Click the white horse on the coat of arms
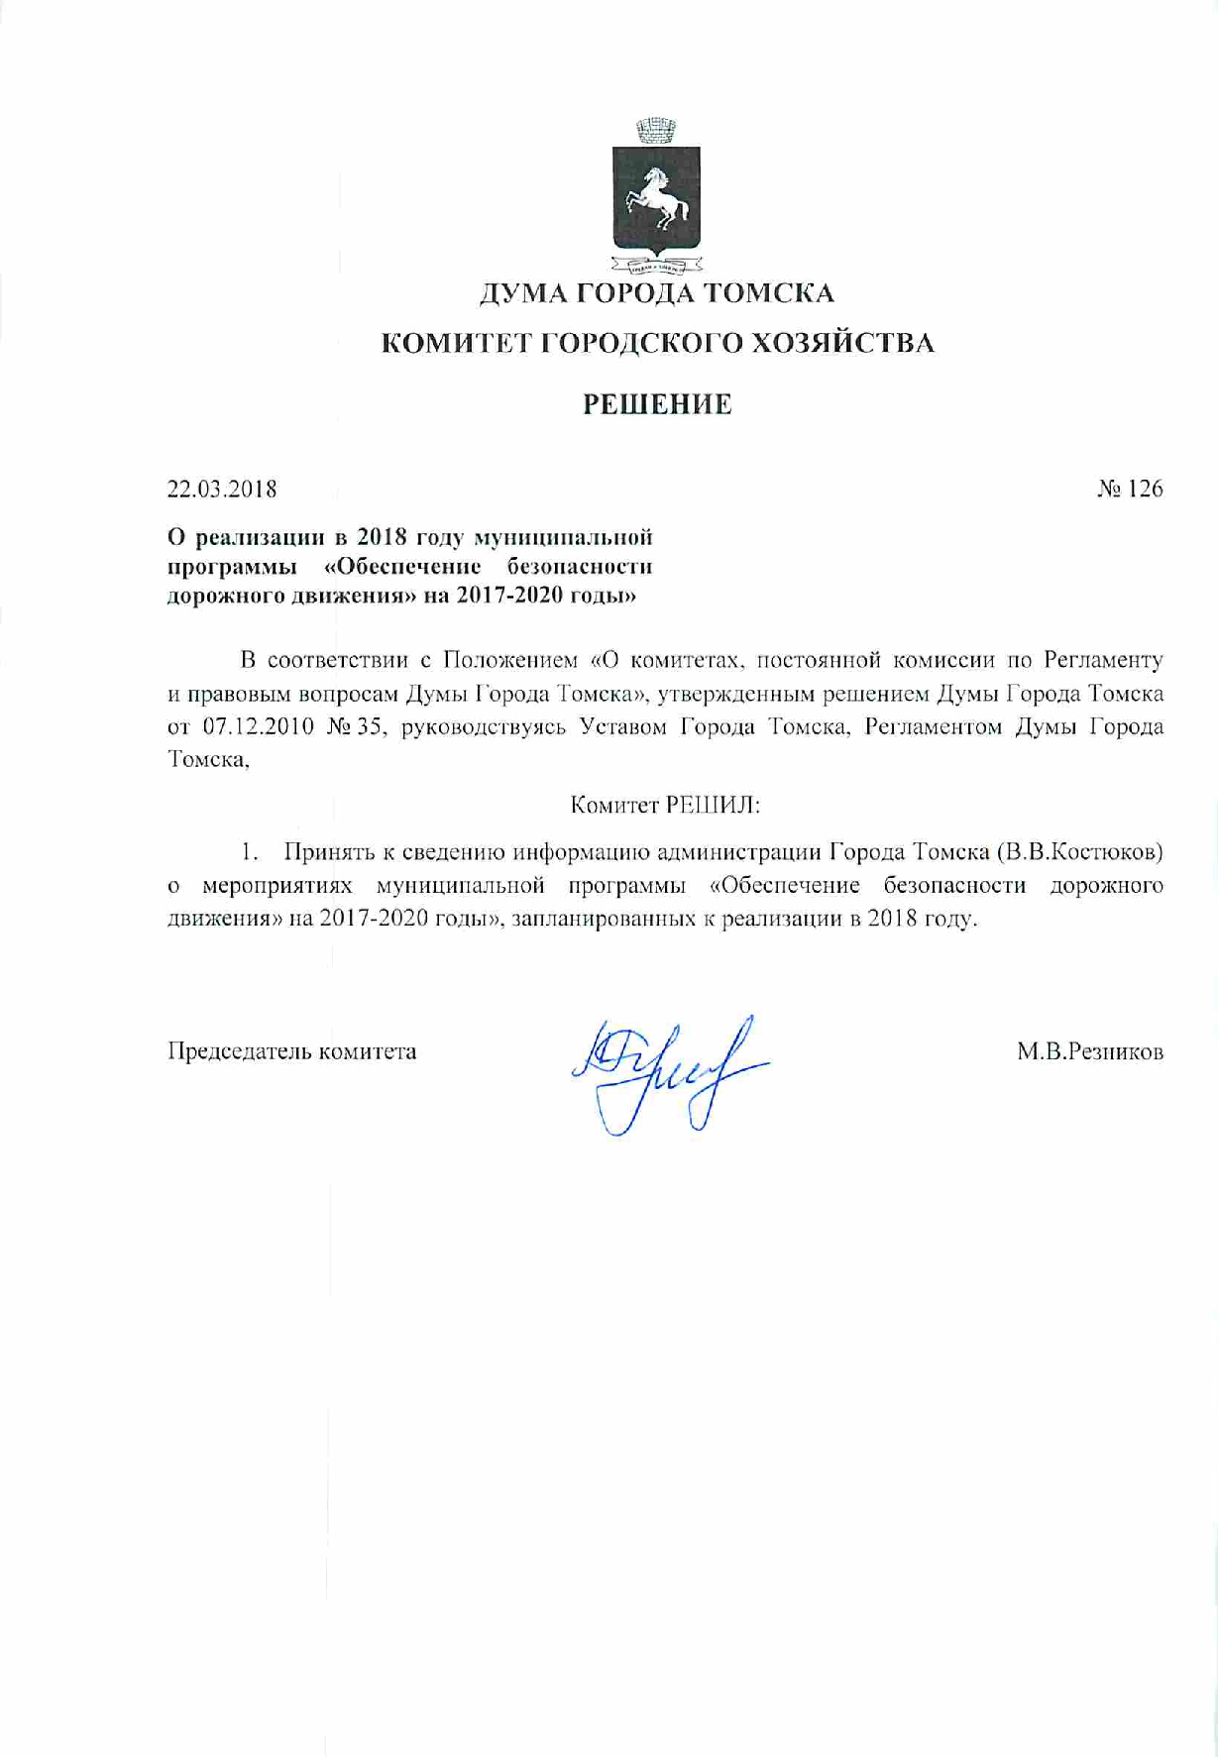coord(655,196)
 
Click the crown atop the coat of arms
coord(655,130)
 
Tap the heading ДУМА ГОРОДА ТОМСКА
coord(657,293)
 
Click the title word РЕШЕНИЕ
coord(657,404)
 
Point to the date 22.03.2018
coord(222,489)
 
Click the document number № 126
coord(1130,489)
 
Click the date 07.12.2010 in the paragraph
coord(258,726)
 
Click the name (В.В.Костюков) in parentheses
coord(1079,851)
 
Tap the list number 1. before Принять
coord(251,851)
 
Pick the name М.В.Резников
coord(1090,1051)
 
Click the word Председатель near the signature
coord(239,1051)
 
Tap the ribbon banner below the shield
coord(655,265)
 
